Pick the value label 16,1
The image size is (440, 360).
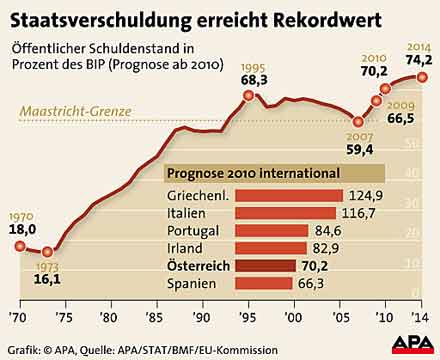pos(49,280)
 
